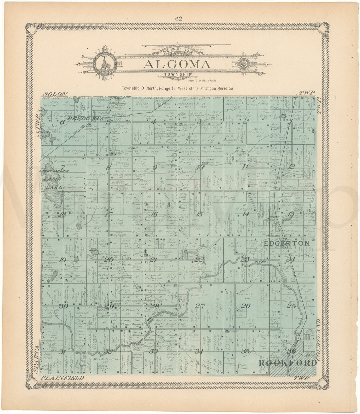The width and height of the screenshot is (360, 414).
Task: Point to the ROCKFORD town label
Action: tap(288, 363)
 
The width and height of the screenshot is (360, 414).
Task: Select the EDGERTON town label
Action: tap(287, 244)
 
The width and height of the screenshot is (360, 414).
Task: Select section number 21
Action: tap(153, 260)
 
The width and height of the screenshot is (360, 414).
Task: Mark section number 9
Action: tap(154, 167)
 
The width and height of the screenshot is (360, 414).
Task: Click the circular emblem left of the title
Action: tap(104, 62)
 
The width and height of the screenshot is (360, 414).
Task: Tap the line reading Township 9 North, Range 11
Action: tap(177, 88)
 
